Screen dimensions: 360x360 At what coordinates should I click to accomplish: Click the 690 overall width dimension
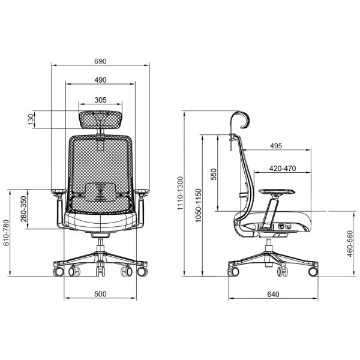[x=100, y=61]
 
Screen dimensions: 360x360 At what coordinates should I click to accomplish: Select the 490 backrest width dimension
[x=100, y=80]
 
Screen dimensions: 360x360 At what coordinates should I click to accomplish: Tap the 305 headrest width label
[x=100, y=100]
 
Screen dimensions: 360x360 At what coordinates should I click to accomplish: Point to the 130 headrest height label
[x=31, y=119]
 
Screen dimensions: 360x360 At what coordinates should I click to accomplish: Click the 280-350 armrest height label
[x=23, y=209]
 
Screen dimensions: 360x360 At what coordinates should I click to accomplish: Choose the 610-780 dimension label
[x=6, y=233]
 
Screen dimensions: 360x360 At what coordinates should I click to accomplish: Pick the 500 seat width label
[x=100, y=294]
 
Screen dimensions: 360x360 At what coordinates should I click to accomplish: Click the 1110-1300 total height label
[x=181, y=193]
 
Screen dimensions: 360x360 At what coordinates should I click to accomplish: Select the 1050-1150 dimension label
[x=198, y=205]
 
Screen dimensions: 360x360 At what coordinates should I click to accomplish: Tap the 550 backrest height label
[x=214, y=174]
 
